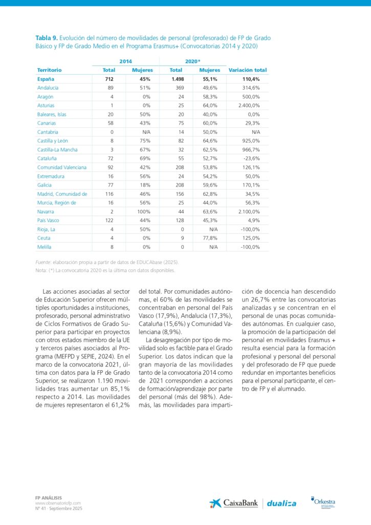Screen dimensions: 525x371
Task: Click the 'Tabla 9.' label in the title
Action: [x=47, y=38]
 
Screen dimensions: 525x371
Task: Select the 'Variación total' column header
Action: [x=248, y=70]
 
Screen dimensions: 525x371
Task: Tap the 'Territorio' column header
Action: [x=50, y=70]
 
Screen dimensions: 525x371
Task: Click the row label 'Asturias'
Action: [x=46, y=106]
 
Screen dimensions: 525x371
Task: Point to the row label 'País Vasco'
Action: [x=48, y=220]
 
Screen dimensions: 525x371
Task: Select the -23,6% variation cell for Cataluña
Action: [x=250, y=158]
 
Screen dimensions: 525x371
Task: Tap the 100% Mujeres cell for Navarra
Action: [x=143, y=212]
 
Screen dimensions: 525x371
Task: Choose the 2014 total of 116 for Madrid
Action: [x=108, y=194]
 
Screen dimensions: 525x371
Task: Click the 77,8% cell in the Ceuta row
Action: [x=209, y=238]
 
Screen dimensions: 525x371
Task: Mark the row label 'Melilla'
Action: [x=45, y=247]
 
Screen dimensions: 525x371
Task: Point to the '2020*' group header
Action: [x=192, y=61]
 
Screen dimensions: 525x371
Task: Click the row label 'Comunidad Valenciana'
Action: [x=62, y=167]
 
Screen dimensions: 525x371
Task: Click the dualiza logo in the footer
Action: [x=281, y=503]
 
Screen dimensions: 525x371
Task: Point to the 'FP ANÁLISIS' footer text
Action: [x=48, y=497]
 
